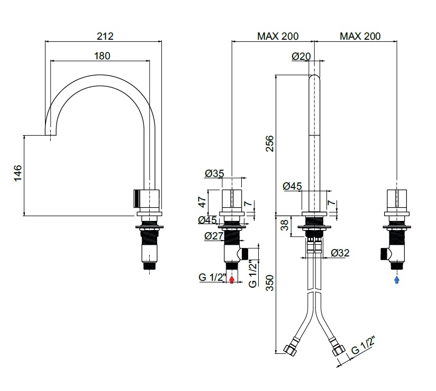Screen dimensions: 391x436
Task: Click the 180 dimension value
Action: coord(102,55)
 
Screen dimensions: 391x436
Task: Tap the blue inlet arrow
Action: coord(397,279)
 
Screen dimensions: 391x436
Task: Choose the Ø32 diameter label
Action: coord(340,253)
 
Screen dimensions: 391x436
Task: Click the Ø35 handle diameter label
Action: coord(214,173)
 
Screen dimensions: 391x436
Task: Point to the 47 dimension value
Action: coord(202,202)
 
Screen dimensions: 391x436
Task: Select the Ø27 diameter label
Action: coord(214,236)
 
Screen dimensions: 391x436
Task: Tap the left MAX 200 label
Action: coord(278,36)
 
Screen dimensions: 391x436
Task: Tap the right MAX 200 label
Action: coord(360,36)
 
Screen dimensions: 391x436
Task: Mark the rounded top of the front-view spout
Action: coord(315,78)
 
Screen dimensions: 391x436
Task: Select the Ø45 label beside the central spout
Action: coord(292,186)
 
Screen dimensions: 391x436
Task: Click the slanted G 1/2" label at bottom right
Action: coord(364,348)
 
